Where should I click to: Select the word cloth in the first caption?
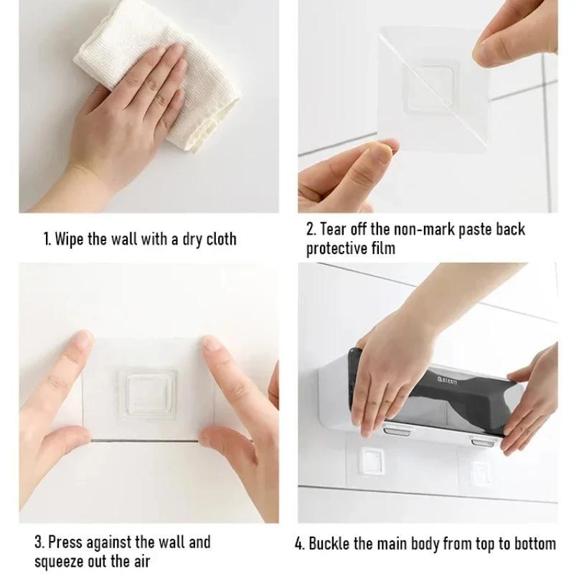(x=219, y=238)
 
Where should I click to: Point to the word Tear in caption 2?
(x=335, y=230)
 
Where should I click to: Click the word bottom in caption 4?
(x=532, y=542)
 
